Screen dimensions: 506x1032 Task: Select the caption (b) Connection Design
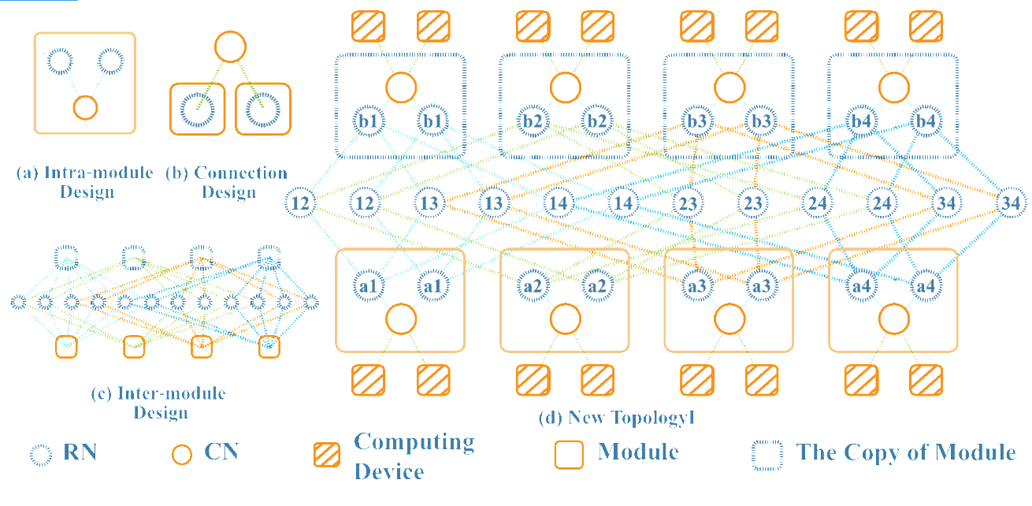tap(226, 182)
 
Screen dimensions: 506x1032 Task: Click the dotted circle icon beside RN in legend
tap(41, 453)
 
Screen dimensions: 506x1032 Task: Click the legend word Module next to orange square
tap(638, 452)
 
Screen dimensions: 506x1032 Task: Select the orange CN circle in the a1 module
tap(400, 319)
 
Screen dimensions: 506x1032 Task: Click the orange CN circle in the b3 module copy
tap(729, 87)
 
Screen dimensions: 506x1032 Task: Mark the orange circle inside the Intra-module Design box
tap(85, 106)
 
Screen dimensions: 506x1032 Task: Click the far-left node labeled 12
tap(299, 203)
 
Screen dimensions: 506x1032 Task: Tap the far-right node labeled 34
tap(1011, 203)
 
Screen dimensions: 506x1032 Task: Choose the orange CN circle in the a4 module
tap(893, 319)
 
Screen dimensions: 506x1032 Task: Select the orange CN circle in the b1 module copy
tap(400, 87)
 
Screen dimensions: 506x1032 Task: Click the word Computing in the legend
tap(414, 442)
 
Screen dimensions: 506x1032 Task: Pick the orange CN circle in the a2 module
tap(565, 319)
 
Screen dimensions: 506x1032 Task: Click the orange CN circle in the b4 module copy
tap(893, 87)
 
